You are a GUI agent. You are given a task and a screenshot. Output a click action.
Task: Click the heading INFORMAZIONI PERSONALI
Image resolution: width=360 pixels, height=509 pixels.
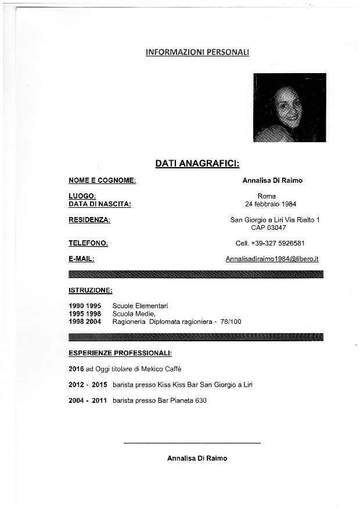pos(197,52)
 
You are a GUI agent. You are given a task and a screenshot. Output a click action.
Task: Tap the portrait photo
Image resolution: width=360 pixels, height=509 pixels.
pos(289,107)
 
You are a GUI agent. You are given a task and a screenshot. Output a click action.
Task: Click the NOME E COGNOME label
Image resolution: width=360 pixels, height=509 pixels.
pos(102,181)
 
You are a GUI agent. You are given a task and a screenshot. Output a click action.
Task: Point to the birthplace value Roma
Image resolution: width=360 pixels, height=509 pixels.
pos(267,196)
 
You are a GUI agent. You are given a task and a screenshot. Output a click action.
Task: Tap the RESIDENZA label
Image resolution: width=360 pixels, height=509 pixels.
pos(89,220)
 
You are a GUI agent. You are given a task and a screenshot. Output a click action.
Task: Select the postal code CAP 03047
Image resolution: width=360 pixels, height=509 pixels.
pos(268,228)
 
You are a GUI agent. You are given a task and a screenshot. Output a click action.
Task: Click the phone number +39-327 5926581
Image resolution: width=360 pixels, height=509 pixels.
pos(278,243)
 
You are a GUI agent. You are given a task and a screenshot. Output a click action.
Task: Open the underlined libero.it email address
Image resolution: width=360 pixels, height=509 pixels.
pos(272,259)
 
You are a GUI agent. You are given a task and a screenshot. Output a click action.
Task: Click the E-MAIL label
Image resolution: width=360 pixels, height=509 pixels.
pos(81,259)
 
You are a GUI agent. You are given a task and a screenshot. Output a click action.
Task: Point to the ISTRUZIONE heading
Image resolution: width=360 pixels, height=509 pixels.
pos(91,290)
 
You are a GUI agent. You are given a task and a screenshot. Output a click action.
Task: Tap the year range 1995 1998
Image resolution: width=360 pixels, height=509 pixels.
pos(85,313)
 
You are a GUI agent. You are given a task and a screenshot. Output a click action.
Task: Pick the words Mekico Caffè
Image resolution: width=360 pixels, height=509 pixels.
pos(167,369)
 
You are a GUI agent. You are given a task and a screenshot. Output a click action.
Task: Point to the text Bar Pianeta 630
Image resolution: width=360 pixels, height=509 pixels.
pos(182,400)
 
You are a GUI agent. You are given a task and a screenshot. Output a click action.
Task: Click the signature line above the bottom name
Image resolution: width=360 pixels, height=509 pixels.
pos(192,443)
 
